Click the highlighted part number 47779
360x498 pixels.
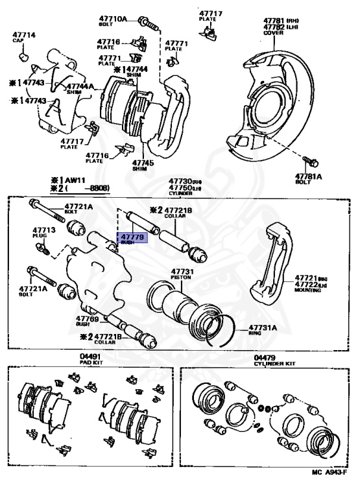(132, 237)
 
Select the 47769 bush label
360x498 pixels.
(87, 318)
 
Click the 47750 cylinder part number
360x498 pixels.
(182, 187)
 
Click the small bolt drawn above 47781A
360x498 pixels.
(309, 160)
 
